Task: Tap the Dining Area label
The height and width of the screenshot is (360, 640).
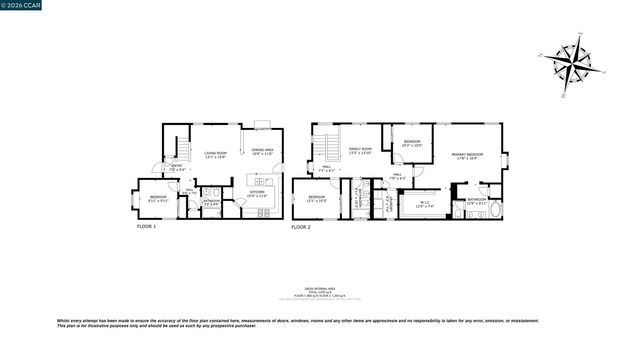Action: click(x=261, y=151)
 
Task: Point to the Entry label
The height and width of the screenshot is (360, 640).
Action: click(x=176, y=168)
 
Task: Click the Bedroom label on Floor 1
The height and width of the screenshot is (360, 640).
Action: click(x=158, y=198)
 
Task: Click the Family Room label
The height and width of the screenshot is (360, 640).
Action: click(x=360, y=150)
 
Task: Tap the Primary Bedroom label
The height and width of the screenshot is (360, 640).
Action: click(x=466, y=155)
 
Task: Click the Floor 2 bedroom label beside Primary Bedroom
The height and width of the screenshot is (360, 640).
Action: click(x=411, y=143)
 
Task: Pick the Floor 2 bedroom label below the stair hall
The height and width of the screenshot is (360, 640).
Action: click(x=316, y=198)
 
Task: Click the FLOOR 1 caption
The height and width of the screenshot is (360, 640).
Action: click(x=147, y=227)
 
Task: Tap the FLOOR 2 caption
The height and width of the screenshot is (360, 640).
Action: click(x=301, y=227)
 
